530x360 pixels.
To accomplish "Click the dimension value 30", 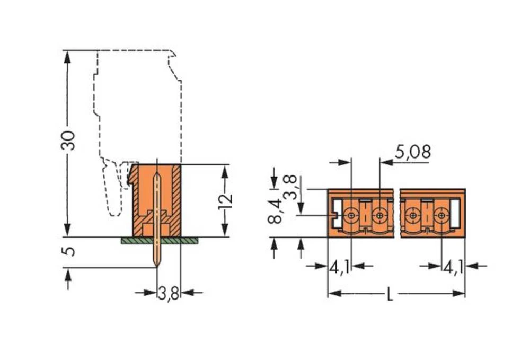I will click(x=68, y=139).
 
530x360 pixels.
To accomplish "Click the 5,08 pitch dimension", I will click(x=413, y=152).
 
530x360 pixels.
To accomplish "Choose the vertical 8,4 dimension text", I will click(x=275, y=212).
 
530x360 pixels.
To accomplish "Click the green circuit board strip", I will click(x=159, y=240).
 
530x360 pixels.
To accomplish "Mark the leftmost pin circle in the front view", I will click(x=351, y=216).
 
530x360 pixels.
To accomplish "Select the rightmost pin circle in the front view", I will click(x=440, y=216).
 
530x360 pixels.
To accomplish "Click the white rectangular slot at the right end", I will click(x=454, y=210).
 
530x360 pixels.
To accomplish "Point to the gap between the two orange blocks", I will click(x=397, y=212).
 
